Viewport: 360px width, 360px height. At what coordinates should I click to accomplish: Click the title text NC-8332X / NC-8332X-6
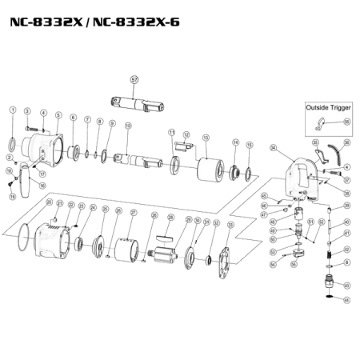(94, 21)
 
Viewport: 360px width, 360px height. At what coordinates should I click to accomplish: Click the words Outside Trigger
(327, 106)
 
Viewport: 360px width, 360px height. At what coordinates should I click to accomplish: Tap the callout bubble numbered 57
(134, 80)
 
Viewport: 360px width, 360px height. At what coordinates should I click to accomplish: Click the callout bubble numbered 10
(128, 126)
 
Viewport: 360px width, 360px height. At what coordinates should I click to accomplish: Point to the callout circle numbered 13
(206, 138)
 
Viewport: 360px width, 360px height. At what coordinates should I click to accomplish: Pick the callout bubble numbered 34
(273, 148)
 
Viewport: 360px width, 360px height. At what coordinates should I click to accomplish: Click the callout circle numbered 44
(346, 300)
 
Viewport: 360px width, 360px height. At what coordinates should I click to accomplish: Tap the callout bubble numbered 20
(48, 203)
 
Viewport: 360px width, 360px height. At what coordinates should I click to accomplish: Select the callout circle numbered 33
(231, 226)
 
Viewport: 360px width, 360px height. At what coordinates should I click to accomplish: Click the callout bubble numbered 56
(346, 122)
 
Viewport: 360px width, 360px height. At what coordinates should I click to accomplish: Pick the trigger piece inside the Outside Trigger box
(321, 122)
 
